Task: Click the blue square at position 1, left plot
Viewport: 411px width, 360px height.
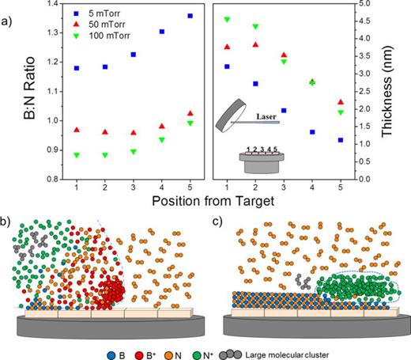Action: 77,68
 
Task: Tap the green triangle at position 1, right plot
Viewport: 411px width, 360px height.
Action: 228,19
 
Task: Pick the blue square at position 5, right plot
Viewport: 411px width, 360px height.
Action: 339,140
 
